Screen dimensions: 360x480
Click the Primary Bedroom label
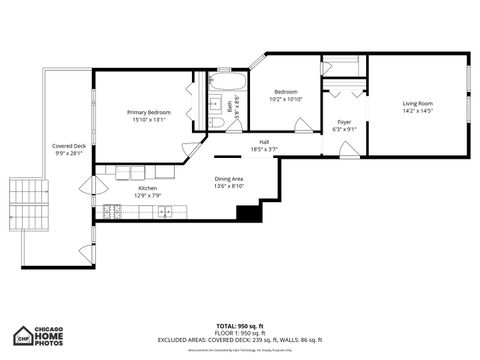click(148, 113)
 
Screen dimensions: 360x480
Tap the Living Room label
click(418, 103)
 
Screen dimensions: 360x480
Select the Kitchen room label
click(147, 188)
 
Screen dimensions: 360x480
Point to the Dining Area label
click(229, 180)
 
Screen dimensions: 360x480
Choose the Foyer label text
click(342, 122)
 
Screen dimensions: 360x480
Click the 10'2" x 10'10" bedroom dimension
click(285, 99)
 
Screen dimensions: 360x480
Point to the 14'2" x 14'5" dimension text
click(418, 110)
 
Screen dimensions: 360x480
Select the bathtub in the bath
click(228, 81)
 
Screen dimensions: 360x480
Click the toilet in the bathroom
click(216, 122)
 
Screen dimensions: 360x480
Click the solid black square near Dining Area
click(247, 212)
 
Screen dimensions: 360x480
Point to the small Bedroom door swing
click(301, 125)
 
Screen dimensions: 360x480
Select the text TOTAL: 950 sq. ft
click(239, 326)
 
